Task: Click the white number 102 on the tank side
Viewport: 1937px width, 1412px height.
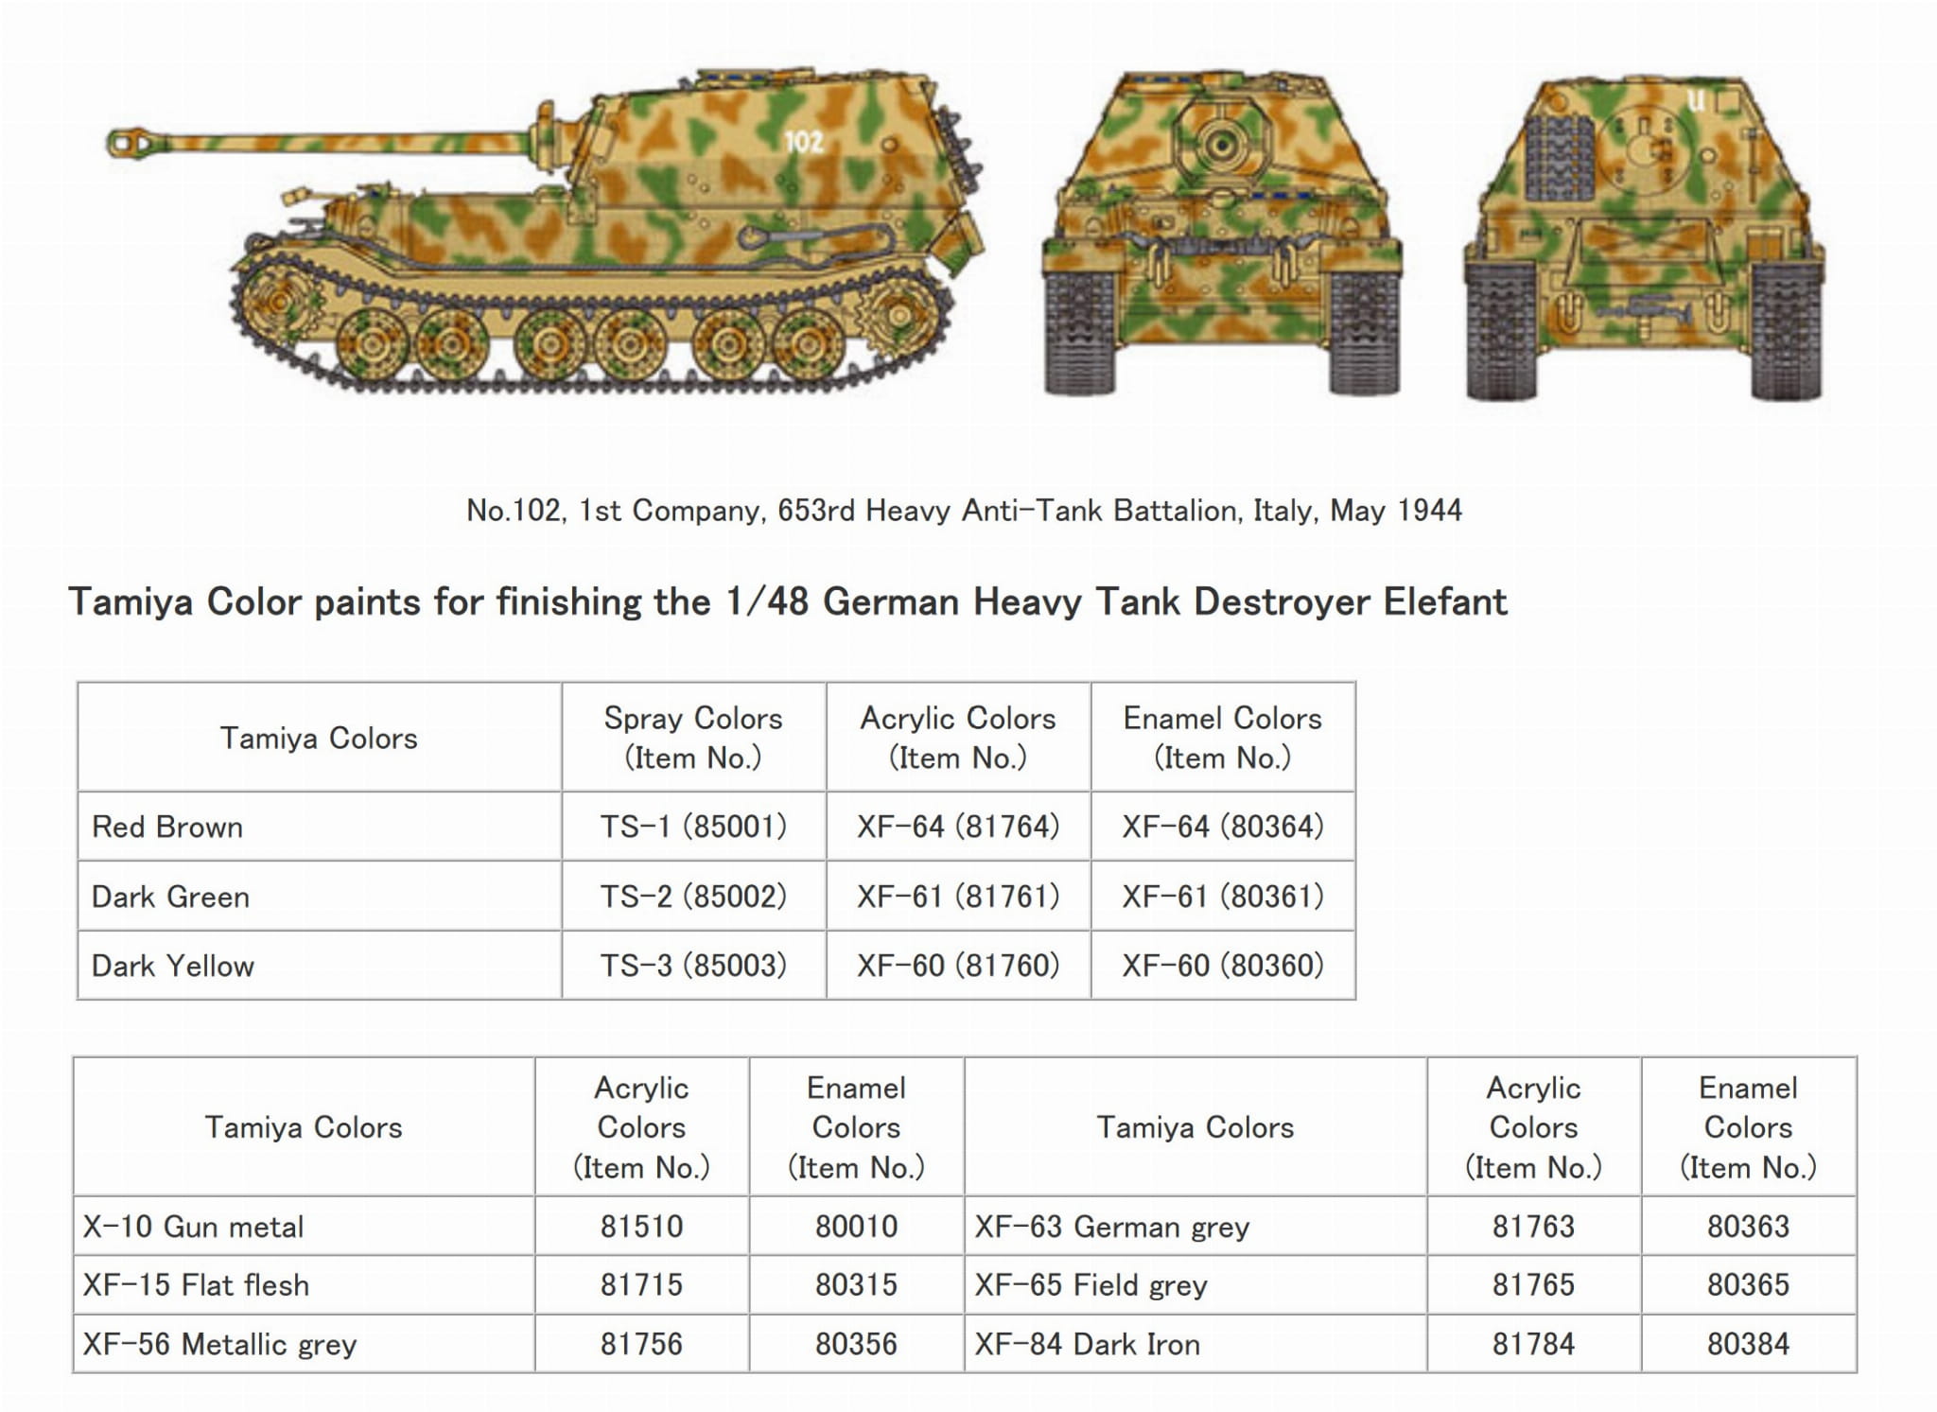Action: (x=803, y=142)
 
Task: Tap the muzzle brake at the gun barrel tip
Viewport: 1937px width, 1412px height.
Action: (x=127, y=143)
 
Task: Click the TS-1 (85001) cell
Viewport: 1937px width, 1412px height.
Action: (x=693, y=827)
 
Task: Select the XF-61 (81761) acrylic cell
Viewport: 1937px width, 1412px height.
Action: (x=958, y=896)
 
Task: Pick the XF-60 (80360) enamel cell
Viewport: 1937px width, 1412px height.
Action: (x=1223, y=966)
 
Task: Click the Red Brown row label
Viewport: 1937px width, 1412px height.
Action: (x=167, y=828)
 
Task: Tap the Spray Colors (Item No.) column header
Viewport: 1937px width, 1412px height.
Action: (x=693, y=738)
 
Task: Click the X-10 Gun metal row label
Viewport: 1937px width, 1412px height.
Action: (x=194, y=1227)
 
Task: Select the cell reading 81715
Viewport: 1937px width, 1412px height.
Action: (x=641, y=1285)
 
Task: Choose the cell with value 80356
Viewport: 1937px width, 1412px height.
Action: (x=856, y=1344)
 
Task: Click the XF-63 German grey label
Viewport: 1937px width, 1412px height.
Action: (x=1112, y=1227)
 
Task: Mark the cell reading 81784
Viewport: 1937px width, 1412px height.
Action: (x=1533, y=1344)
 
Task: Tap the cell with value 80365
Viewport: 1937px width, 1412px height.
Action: (x=1748, y=1285)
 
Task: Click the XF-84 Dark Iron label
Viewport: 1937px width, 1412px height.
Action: (x=1087, y=1344)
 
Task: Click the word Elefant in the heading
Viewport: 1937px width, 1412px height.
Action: (x=1445, y=602)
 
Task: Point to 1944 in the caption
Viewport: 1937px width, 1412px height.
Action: (x=1429, y=511)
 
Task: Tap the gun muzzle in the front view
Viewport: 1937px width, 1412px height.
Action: (x=1221, y=146)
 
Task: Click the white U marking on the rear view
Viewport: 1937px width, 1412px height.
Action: (x=1696, y=100)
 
